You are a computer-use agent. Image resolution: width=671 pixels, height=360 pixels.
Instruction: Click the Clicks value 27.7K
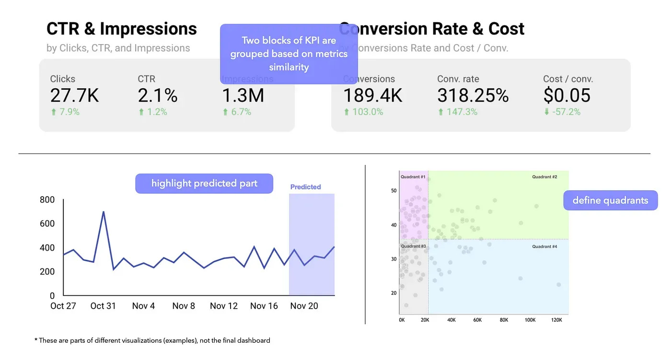[x=74, y=96]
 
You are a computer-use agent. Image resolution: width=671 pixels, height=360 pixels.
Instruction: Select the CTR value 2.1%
[x=158, y=96]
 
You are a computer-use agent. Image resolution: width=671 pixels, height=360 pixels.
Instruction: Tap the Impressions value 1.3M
[x=243, y=96]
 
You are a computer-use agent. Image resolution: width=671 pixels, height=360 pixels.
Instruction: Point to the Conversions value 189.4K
[x=372, y=96]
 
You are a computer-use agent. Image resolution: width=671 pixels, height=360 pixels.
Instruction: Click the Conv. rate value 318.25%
[x=473, y=96]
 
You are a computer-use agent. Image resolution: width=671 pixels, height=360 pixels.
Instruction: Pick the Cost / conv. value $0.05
[x=567, y=96]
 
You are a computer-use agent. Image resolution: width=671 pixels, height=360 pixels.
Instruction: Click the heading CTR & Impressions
[x=122, y=29]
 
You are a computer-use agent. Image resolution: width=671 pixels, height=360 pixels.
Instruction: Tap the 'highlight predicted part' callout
[x=204, y=184]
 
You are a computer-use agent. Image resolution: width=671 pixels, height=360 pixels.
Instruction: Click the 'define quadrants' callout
[x=610, y=200]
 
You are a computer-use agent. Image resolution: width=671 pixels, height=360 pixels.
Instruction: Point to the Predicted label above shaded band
[x=305, y=187]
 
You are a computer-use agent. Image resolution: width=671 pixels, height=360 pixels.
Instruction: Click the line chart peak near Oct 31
[x=103, y=212]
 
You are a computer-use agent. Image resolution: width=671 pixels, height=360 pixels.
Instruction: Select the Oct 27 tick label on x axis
[x=63, y=306]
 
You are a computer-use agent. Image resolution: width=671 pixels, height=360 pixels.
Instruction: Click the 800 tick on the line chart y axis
[x=47, y=200]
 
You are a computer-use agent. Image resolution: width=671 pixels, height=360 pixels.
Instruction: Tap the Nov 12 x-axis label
[x=224, y=306]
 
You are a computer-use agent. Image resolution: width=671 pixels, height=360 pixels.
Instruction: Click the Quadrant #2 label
[x=544, y=177]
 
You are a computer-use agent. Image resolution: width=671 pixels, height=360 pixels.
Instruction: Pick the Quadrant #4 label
[x=544, y=246]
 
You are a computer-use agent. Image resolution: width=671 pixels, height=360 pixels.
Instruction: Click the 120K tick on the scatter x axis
[x=556, y=320]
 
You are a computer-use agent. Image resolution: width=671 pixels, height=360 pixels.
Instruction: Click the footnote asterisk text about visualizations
[x=152, y=341]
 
